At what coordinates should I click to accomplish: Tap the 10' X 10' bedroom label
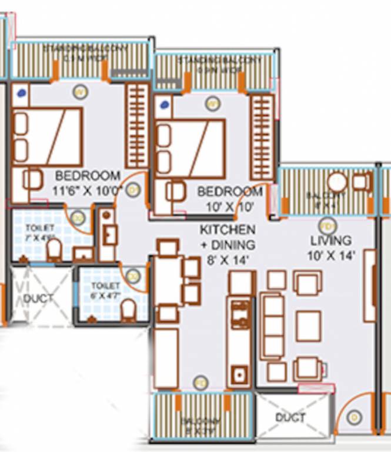pyautogui.click(x=229, y=198)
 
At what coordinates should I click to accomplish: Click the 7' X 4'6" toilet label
pyautogui.click(x=40, y=233)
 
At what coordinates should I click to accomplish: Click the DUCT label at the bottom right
pyautogui.click(x=290, y=418)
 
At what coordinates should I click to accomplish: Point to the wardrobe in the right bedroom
pyautogui.click(x=262, y=137)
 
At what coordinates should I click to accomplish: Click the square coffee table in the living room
pyautogui.click(x=308, y=325)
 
